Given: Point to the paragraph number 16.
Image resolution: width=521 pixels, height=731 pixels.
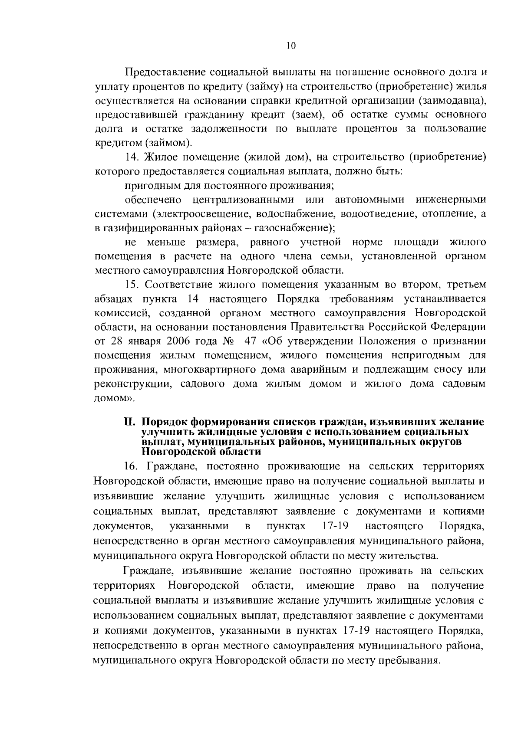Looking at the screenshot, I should click(x=132, y=466).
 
